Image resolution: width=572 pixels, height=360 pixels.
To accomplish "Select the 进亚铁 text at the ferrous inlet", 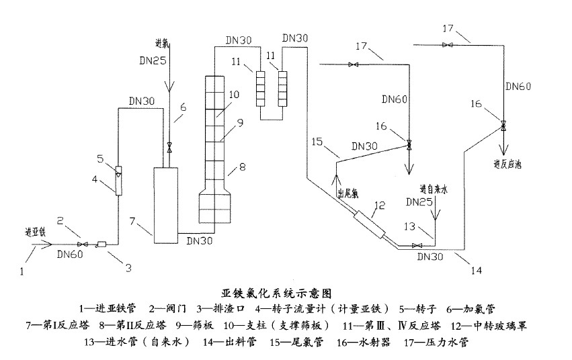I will point(33,232).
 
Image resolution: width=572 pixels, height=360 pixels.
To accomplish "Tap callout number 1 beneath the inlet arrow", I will point(23,272).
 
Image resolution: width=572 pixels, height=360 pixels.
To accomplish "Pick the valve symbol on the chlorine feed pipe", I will point(169,147).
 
